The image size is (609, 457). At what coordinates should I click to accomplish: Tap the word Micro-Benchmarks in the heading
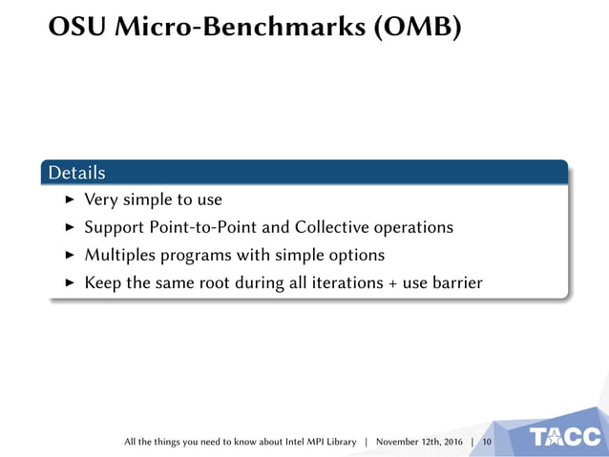click(x=239, y=29)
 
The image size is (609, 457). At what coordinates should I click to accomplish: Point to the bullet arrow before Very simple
click(x=69, y=200)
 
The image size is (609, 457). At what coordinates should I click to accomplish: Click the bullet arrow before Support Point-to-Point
click(x=69, y=228)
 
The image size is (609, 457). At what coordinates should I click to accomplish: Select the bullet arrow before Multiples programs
click(x=69, y=256)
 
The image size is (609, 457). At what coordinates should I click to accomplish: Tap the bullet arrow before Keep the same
click(x=69, y=283)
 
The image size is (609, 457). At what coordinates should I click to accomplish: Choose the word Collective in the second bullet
click(x=335, y=228)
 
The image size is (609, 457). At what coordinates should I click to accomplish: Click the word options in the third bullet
click(x=355, y=256)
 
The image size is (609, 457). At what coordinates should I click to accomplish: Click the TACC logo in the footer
click(x=565, y=438)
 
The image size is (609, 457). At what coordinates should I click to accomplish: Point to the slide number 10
click(x=487, y=442)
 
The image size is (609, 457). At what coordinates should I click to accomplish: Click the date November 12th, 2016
click(x=419, y=442)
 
